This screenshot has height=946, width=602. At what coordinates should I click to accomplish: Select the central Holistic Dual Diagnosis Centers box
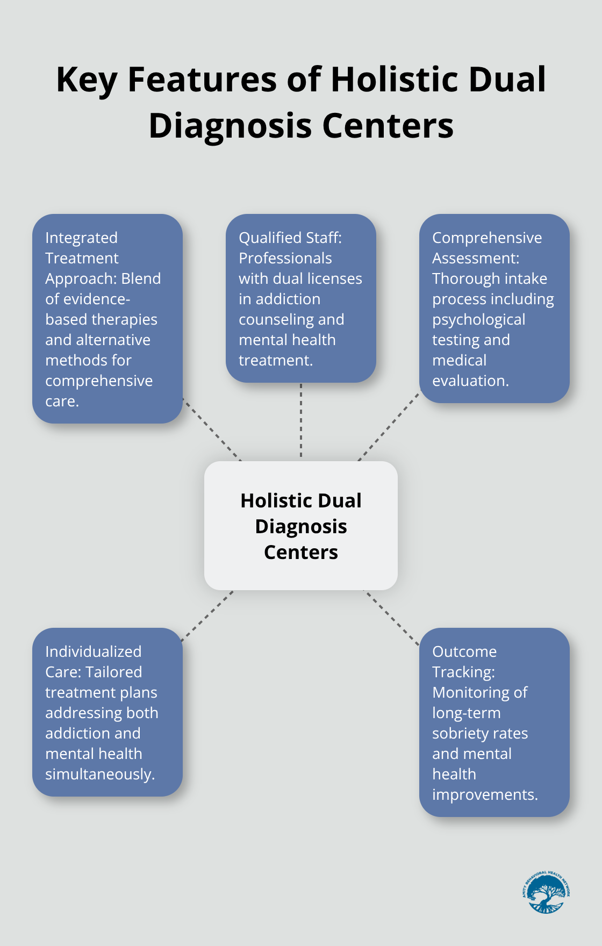[x=301, y=526]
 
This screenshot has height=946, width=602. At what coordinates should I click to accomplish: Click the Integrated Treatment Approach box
[x=107, y=319]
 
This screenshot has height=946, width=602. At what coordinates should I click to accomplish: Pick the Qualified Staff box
[x=301, y=298]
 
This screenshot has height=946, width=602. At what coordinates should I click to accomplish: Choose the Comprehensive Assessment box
[x=494, y=309]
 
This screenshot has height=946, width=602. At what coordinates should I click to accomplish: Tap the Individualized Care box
[x=107, y=712]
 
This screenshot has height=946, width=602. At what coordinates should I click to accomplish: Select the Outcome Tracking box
[x=494, y=722]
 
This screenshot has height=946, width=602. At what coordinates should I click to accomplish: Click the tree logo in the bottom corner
[x=546, y=892]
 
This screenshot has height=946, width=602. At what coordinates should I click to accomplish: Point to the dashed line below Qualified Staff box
[x=301, y=421]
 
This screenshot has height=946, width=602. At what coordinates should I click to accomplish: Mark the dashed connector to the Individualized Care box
[x=208, y=616]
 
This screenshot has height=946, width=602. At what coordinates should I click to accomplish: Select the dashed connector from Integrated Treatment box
[x=212, y=429]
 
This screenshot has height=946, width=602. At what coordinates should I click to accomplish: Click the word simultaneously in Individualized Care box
[x=100, y=774]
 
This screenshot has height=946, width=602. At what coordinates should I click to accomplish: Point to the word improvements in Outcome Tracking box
[x=485, y=794]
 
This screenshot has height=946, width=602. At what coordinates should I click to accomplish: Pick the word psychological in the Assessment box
[x=478, y=319]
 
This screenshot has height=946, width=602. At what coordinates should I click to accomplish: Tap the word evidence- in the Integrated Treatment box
[x=88, y=299]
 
